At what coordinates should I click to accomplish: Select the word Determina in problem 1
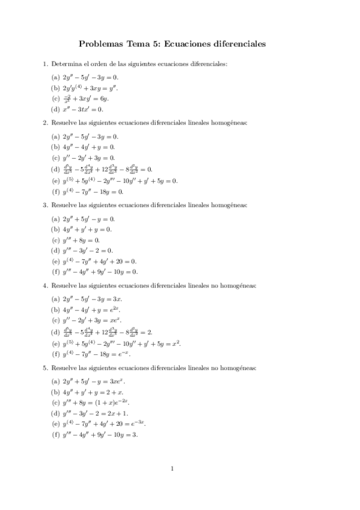point(67,64)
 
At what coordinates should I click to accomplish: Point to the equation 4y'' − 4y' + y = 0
point(88,147)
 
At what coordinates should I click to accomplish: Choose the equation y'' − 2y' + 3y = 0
point(88,158)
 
